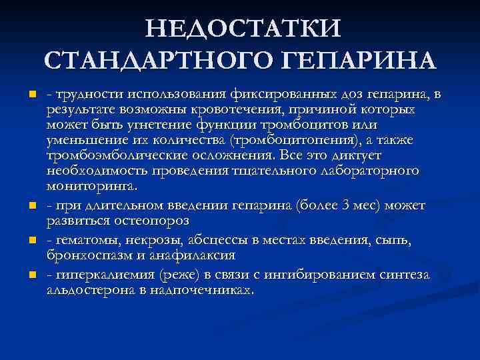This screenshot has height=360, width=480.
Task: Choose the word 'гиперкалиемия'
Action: click(99, 273)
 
